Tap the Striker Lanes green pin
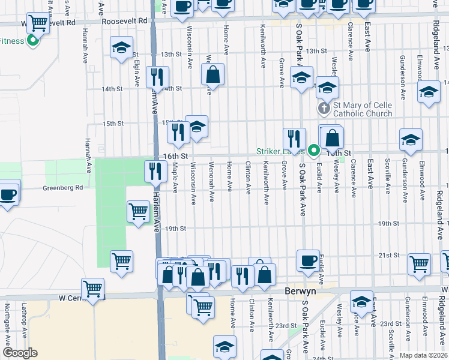pos(313,150)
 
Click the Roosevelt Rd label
pos(124,20)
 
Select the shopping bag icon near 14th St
pos(212,75)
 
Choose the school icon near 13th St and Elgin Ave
pos(121,48)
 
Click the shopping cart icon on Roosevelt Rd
pos(38,23)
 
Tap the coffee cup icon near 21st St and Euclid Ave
pos(308,260)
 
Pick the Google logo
pos(20,353)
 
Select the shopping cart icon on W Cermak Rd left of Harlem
pos(93,289)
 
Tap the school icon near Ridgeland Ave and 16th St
pos(411,140)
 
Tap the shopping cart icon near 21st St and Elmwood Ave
pos(419,263)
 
